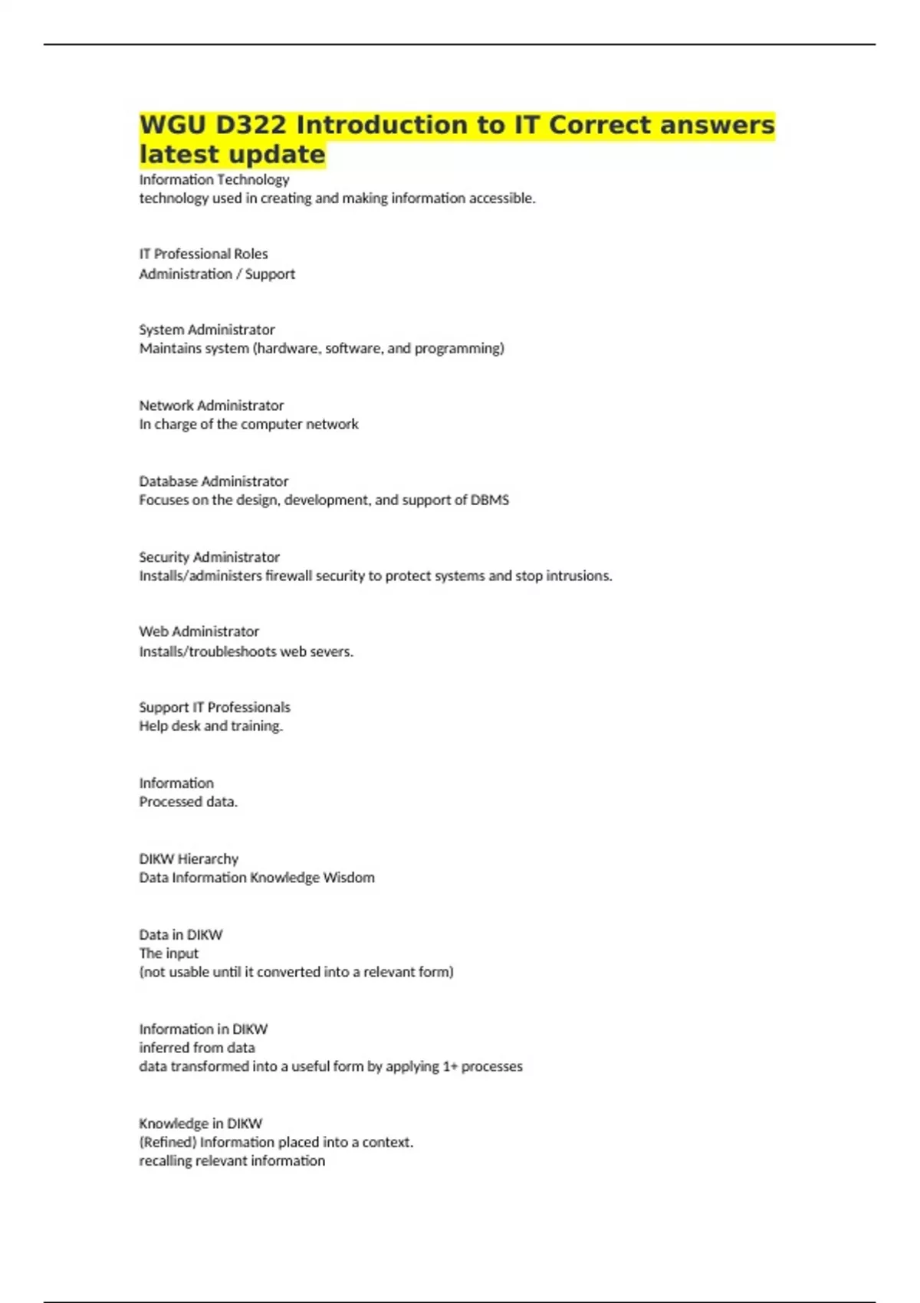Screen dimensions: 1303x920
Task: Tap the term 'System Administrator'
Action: click(x=207, y=330)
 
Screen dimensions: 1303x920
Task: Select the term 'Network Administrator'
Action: click(x=212, y=405)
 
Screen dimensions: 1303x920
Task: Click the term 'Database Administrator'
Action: click(x=214, y=481)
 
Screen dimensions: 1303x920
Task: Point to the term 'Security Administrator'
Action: click(x=209, y=557)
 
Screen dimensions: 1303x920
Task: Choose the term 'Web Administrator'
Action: click(x=199, y=632)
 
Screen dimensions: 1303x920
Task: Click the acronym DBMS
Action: click(x=490, y=500)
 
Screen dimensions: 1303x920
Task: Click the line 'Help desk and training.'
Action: click(x=211, y=726)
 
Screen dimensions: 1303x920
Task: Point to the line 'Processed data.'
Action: click(x=189, y=802)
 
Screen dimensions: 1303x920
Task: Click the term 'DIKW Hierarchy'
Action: click(x=189, y=859)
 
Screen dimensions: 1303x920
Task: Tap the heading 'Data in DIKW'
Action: click(x=181, y=935)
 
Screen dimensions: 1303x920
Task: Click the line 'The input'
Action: click(x=169, y=953)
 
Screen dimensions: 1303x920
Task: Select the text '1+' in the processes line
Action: click(x=450, y=1066)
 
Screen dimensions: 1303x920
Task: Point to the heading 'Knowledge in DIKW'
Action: click(x=201, y=1124)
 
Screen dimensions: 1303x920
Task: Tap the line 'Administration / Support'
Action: click(x=217, y=274)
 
